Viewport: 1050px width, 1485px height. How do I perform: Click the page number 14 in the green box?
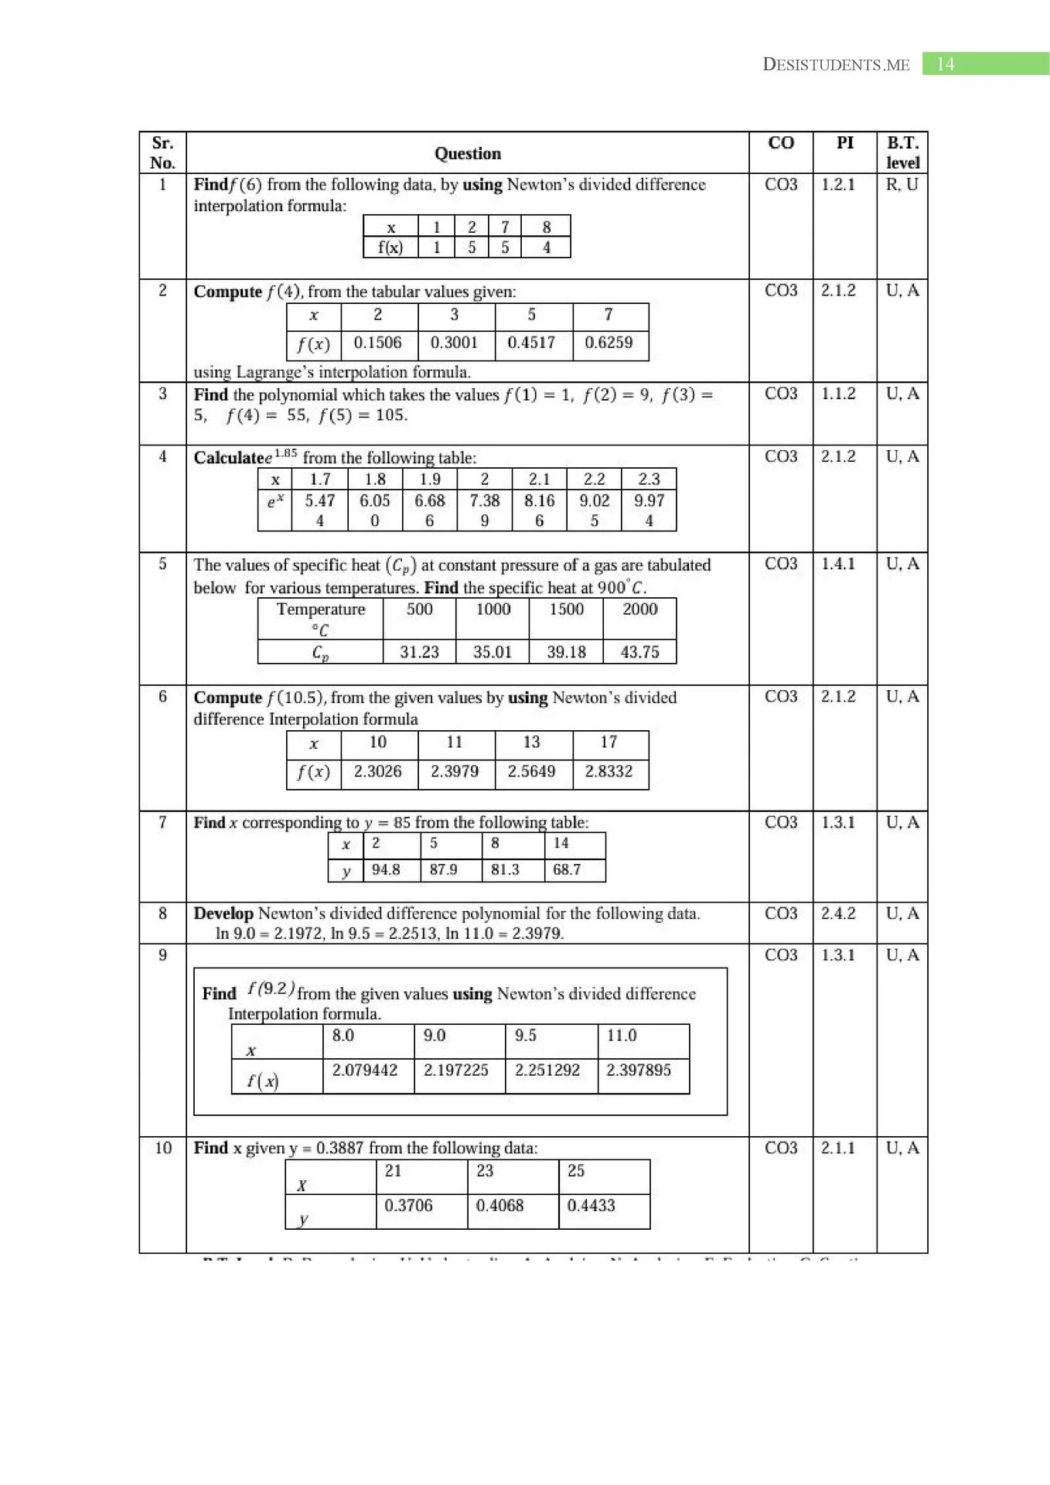pos(945,64)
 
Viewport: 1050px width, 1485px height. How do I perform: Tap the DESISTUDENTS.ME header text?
pos(836,65)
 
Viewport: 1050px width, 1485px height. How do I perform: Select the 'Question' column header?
pos(467,153)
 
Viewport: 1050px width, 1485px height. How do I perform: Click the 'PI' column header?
pos(844,143)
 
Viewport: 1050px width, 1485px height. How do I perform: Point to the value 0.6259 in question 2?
pos(609,343)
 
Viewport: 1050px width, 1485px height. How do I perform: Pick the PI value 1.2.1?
pos(838,185)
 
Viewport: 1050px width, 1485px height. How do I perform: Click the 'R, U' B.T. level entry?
pos(902,185)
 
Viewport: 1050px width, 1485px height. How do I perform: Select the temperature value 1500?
pos(566,609)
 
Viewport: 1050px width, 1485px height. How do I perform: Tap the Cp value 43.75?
pos(639,652)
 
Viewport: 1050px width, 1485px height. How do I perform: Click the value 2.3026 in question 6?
pos(377,771)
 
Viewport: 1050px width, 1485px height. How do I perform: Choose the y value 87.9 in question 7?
pos(443,869)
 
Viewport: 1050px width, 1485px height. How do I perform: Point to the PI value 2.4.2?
pos(838,913)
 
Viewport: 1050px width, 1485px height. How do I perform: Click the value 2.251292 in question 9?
pos(547,1070)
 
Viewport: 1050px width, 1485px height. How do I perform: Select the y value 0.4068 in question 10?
pos(499,1205)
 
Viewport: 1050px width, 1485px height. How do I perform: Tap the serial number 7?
pos(162,822)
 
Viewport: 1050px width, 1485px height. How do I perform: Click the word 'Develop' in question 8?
pos(223,913)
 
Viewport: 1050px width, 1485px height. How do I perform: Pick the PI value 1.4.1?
pos(838,564)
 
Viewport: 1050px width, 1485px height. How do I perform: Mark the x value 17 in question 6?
pos(609,742)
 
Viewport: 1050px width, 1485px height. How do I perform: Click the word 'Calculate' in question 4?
pos(229,458)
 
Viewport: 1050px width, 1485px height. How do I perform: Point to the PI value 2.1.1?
pos(838,1148)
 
